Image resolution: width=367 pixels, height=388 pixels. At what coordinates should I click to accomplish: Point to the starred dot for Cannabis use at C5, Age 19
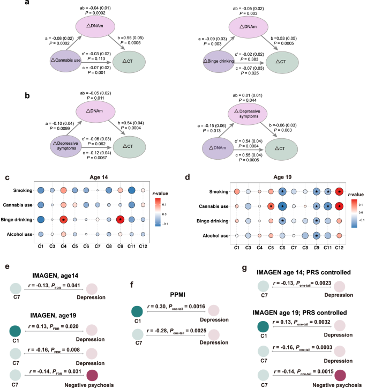pyautogui.click(x=271, y=221)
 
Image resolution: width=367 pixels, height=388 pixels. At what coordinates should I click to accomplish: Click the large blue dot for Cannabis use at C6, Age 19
pyautogui.click(x=282, y=221)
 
